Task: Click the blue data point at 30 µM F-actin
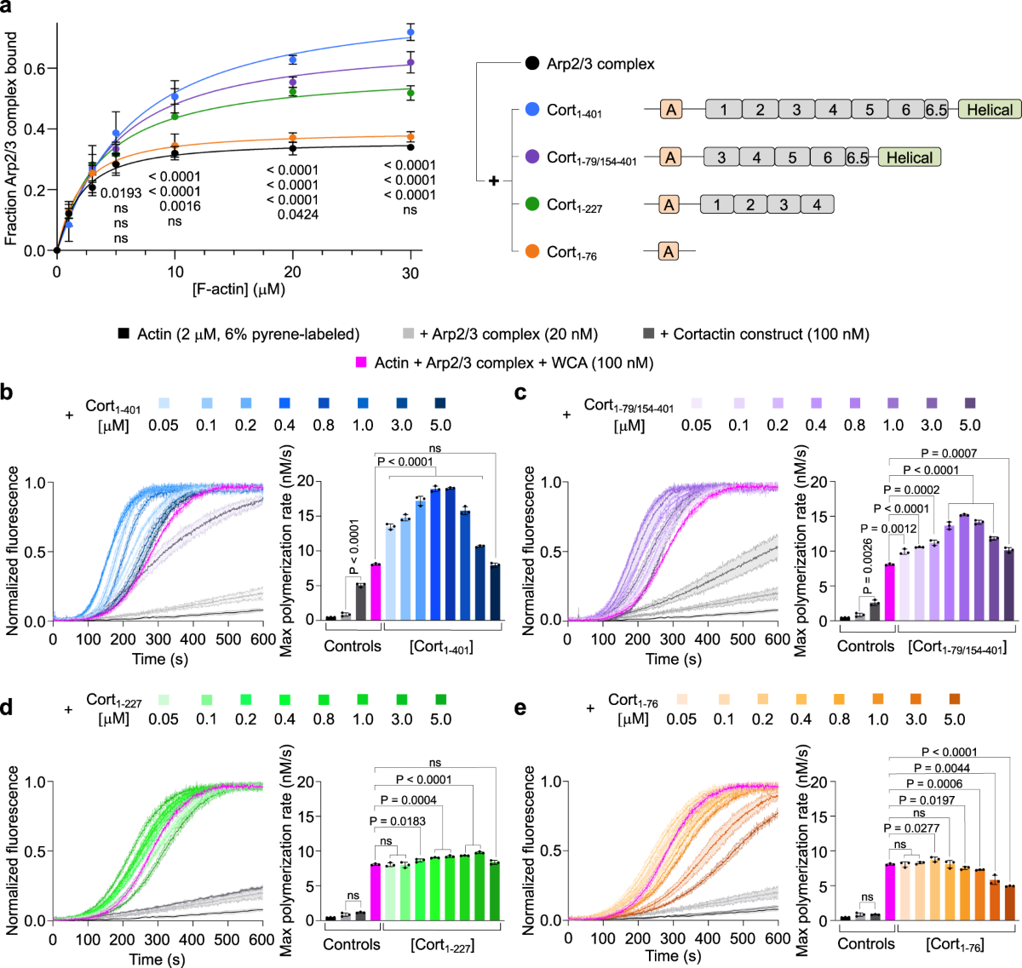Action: (411, 33)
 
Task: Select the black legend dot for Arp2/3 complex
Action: (532, 63)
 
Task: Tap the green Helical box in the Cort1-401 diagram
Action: (989, 109)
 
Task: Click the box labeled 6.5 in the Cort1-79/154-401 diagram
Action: (858, 158)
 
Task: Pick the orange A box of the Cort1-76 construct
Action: (669, 251)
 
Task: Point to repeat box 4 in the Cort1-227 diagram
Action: (817, 204)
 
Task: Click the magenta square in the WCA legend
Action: (361, 363)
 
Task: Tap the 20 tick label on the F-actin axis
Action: (293, 272)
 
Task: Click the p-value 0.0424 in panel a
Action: (298, 215)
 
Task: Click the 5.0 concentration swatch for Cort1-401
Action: (440, 404)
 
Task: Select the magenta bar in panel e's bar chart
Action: (890, 891)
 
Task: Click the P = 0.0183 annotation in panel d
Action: (398, 822)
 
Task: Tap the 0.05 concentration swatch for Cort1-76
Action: (682, 700)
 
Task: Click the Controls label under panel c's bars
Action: (866, 646)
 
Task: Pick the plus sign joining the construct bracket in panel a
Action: (493, 181)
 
